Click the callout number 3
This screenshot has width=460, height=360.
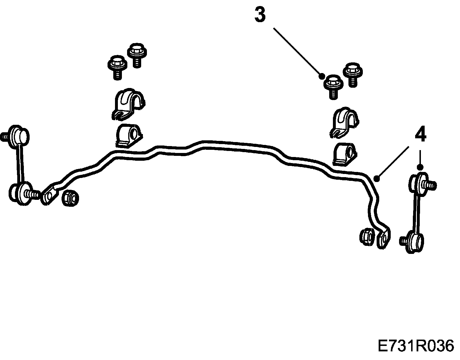260,15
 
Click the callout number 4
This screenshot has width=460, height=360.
420,135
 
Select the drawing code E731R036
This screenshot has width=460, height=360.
415,346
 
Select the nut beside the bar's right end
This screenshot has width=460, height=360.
367,236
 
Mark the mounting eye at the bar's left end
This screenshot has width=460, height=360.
48,195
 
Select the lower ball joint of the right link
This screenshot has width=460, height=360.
414,243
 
